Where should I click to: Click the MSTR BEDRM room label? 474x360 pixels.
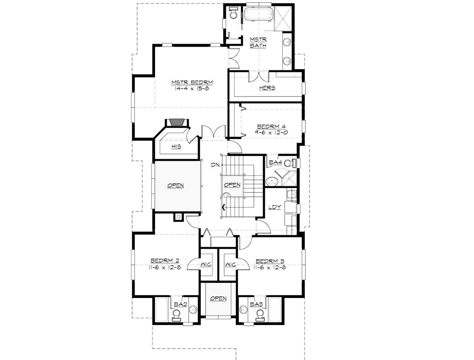tap(192, 82)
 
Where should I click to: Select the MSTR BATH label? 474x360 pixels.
tap(258, 42)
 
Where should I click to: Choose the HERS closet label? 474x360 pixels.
tap(267, 88)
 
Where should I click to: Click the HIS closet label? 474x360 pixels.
tap(176, 147)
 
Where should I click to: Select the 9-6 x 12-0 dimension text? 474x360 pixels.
tap(272, 133)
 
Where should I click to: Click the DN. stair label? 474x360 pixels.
tap(216, 165)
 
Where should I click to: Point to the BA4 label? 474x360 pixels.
tap(275, 163)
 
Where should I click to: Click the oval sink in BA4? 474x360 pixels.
tap(272, 181)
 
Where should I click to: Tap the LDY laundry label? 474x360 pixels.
tap(275, 207)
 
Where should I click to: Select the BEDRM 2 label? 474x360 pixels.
tap(165, 261)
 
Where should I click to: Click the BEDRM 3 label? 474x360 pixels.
tap(270, 261)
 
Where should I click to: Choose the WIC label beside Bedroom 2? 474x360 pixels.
tap(206, 264)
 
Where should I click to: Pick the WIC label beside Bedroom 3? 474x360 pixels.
tap(230, 264)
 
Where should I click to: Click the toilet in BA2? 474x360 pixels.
tap(177, 316)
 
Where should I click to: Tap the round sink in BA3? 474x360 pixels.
tap(243, 310)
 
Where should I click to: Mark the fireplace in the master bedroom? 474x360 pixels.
tap(176, 122)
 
